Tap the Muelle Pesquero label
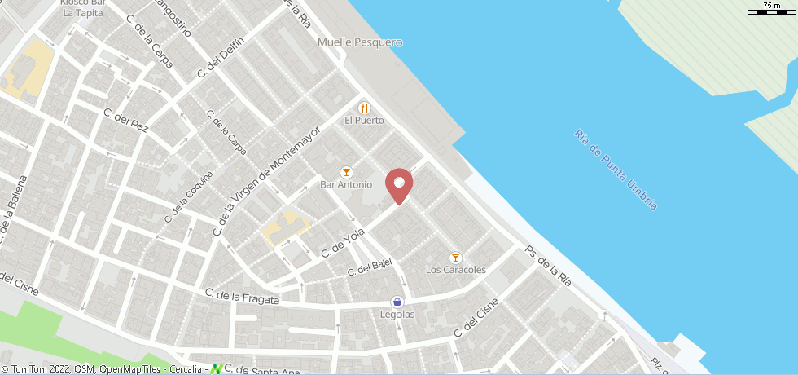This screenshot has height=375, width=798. point(361,42)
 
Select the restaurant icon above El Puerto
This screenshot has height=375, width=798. point(364,107)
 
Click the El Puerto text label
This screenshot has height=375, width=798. point(364,121)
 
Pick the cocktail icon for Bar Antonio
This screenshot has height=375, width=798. point(346,172)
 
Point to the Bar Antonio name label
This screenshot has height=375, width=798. point(346,185)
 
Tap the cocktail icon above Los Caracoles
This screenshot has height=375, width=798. point(455,258)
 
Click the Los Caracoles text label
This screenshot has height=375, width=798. point(456,270)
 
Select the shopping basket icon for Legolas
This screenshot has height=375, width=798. point(397,302)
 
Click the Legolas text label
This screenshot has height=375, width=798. point(397,315)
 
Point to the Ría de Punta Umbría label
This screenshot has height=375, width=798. point(616,170)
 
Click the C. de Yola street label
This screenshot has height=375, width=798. point(342,243)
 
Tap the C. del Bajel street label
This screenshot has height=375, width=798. point(370,267)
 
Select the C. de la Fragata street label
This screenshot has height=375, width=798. point(242,297)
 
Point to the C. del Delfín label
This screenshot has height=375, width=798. point(221,61)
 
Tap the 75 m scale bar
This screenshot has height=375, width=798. point(769,9)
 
